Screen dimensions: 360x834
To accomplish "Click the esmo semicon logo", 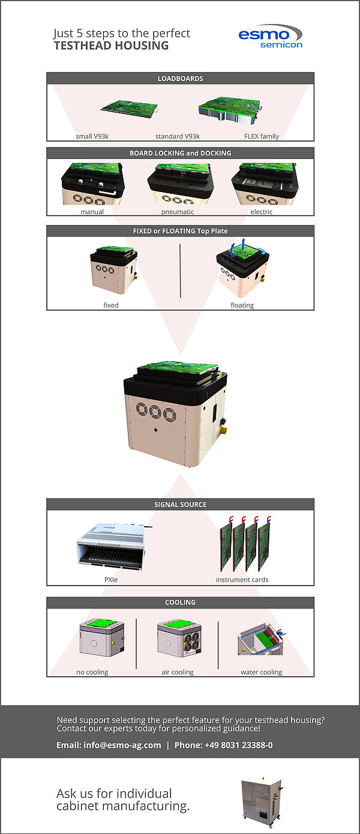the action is (x=270, y=36).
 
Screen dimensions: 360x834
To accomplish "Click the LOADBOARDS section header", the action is (x=180, y=78).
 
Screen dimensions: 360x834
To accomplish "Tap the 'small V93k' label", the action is (x=92, y=136).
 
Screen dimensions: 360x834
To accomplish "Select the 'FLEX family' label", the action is (x=262, y=136).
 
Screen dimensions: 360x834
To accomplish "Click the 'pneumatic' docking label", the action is (x=178, y=212).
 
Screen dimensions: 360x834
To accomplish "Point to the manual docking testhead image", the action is (x=92, y=184).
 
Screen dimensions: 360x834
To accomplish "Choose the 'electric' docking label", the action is (x=262, y=212).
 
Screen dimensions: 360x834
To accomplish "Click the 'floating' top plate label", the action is (x=242, y=305).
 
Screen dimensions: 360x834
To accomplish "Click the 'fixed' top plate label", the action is (x=111, y=305).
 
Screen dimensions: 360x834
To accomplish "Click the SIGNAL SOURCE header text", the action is (x=180, y=505).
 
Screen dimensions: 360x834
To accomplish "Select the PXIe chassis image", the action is (x=112, y=546).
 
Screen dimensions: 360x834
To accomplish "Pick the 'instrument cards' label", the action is (x=242, y=580).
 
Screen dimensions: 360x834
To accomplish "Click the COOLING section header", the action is (x=180, y=602).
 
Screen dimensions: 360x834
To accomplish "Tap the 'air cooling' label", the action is (x=178, y=672).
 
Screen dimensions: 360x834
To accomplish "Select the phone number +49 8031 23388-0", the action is (x=223, y=745).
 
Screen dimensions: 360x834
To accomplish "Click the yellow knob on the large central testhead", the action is (x=223, y=431).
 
